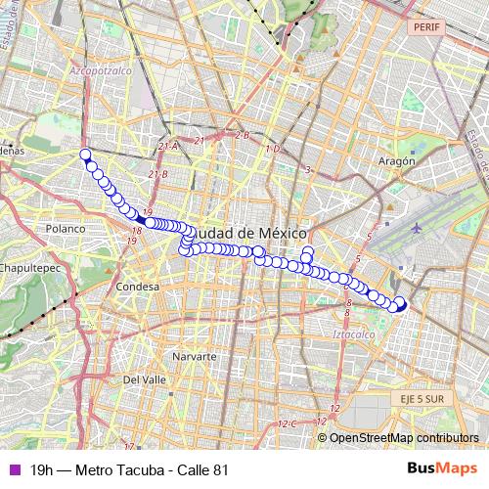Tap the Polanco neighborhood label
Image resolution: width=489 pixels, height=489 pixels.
coord(66,228)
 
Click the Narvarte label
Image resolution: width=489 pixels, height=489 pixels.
coord(194,357)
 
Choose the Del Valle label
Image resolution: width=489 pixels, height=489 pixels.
coord(145,378)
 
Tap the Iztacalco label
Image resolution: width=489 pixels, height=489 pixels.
coord(353,334)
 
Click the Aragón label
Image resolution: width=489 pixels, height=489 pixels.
coord(396,160)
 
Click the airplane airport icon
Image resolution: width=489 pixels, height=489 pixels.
coord(417,227)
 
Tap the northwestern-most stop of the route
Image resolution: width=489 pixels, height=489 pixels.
coord(85,154)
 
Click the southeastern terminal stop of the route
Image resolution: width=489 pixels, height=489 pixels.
coord(401,303)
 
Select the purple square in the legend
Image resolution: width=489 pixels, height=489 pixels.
coord(13,469)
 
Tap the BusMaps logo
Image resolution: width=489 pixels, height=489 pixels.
coord(441,469)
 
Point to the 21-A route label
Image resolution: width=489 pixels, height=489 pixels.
coord(168,146)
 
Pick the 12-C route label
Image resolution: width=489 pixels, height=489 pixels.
coord(287,423)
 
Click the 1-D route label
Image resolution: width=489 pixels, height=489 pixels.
coord(273,149)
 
